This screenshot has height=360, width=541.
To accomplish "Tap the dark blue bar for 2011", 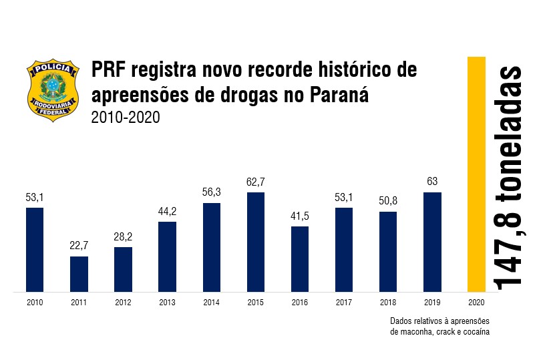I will pyautogui.click(x=79, y=274).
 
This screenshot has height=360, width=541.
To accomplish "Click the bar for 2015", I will pyautogui.click(x=256, y=242).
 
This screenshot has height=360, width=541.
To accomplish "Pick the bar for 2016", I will pyautogui.click(x=300, y=259).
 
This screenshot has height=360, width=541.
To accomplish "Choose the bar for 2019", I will pyautogui.click(x=432, y=242).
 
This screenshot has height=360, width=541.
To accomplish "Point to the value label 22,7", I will pyautogui.click(x=79, y=246).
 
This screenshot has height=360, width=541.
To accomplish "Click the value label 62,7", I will pyautogui.click(x=256, y=182).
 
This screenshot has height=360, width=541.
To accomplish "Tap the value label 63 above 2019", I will pyautogui.click(x=432, y=182).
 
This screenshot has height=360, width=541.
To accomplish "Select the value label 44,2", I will pyautogui.click(x=167, y=212).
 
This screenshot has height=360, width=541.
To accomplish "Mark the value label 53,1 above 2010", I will pyautogui.click(x=35, y=197).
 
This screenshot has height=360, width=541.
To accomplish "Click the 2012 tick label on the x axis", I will pyautogui.click(x=123, y=302).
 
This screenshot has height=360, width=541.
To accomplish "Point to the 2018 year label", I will pyautogui.click(x=388, y=302).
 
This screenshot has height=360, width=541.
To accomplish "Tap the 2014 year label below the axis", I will pyautogui.click(x=211, y=302).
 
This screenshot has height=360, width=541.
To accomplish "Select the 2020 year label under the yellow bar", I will pyautogui.click(x=476, y=302).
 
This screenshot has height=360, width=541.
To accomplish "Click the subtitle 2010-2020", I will pyautogui.click(x=126, y=117).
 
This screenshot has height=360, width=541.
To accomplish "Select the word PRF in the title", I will pyautogui.click(x=109, y=70).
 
